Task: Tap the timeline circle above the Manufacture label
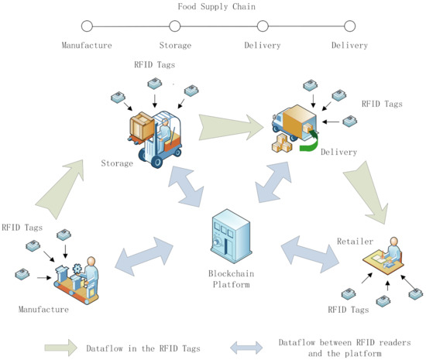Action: (x=87, y=28)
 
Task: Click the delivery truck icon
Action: (x=297, y=124)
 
